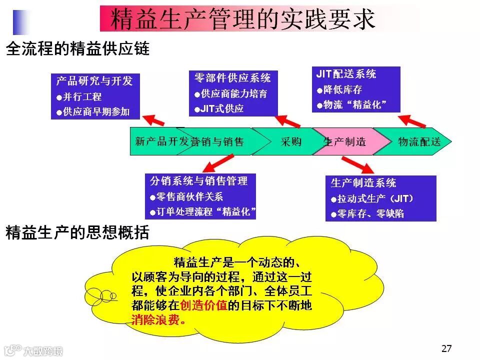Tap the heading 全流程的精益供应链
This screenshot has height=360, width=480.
[77, 49]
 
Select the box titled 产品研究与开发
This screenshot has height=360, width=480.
[94, 96]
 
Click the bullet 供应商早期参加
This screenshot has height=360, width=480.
[95, 111]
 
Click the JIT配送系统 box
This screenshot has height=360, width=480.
[355, 89]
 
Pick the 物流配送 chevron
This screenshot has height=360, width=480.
[419, 141]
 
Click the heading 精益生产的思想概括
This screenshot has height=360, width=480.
[77, 232]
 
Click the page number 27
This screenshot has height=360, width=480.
[446, 348]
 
